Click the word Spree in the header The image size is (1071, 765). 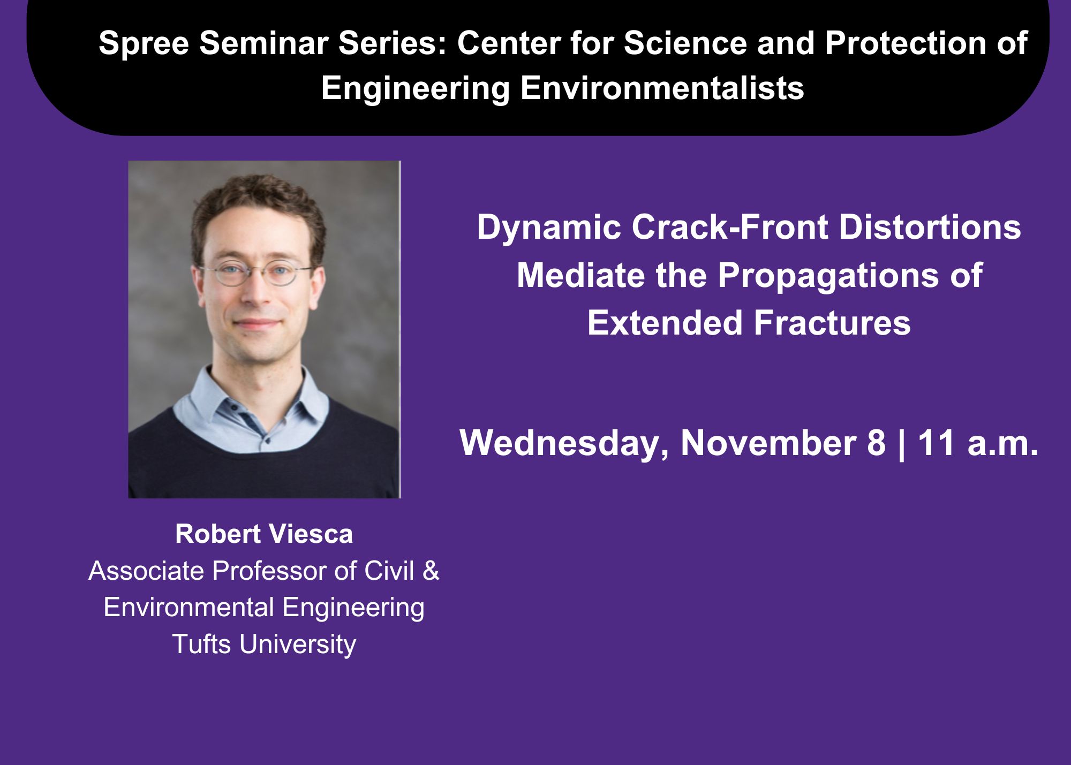coord(144,44)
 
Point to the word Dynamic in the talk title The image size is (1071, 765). coord(548,228)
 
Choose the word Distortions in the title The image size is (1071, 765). coord(930,227)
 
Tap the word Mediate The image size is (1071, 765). coord(581,275)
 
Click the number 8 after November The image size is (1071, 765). coord(876,443)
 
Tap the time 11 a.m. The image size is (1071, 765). coord(978,443)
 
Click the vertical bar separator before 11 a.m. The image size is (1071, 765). coord(902,444)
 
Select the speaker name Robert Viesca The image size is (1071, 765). coord(264,534)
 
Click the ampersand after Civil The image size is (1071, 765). coord(431,571)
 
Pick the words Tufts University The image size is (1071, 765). coord(264,644)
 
